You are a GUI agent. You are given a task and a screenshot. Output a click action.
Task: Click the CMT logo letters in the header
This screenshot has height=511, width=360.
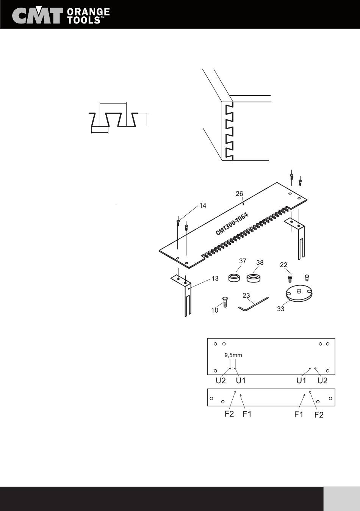pyautogui.click(x=37, y=16)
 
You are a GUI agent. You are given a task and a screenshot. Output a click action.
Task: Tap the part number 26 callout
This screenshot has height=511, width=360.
pyautogui.click(x=239, y=194)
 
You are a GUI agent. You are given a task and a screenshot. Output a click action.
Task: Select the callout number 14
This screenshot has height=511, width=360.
pyautogui.click(x=203, y=205)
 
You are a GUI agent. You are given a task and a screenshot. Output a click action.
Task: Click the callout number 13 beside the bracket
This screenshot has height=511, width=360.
pyautogui.click(x=215, y=279)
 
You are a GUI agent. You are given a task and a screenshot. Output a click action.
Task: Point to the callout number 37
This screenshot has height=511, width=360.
pyautogui.click(x=243, y=261)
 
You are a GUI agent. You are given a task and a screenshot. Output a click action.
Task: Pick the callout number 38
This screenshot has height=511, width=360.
pyautogui.click(x=260, y=262)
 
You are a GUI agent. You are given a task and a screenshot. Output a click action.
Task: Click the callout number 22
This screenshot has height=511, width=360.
pyautogui.click(x=284, y=265)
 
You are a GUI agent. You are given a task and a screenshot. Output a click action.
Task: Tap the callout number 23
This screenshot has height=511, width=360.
pyautogui.click(x=246, y=295)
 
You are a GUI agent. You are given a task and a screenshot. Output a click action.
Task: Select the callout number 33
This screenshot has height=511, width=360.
pyautogui.click(x=280, y=309)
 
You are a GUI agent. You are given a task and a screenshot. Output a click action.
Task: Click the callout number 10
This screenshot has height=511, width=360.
pyautogui.click(x=215, y=310)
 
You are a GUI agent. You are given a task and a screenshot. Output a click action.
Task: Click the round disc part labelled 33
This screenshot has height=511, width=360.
pyautogui.click(x=300, y=295)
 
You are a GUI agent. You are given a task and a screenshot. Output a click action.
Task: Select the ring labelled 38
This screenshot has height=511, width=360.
pyautogui.click(x=255, y=279)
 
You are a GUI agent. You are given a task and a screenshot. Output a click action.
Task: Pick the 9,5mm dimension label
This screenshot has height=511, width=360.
pyautogui.click(x=233, y=356)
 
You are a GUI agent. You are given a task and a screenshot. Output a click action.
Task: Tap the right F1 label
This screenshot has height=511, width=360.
pyautogui.click(x=299, y=415)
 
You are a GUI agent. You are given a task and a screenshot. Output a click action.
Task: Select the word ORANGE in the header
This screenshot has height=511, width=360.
pyautogui.click(x=88, y=12)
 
